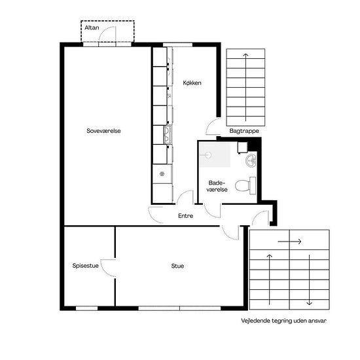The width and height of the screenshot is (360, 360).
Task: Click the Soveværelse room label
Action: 103,131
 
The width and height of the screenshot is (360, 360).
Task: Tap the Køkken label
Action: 192,82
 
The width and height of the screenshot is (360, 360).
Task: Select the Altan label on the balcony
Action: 92,27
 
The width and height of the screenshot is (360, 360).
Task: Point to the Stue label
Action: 177,266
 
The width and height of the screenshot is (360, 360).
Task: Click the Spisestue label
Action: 85,266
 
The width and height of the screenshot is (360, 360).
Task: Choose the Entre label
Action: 185,216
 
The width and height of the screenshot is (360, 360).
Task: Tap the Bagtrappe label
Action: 244,131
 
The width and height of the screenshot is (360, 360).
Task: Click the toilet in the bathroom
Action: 245,185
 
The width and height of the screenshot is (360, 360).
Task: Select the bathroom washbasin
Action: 251,160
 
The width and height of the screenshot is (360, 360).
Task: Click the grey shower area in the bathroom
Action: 215,154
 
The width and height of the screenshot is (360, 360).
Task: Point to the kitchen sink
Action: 168,135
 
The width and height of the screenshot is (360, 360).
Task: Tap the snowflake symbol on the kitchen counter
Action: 162,174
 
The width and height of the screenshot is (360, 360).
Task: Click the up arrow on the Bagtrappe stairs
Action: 245,87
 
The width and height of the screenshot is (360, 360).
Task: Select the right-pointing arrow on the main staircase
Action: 289,242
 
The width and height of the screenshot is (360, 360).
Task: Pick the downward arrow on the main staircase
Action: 309,280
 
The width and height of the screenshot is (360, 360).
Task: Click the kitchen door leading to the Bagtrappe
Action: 212,127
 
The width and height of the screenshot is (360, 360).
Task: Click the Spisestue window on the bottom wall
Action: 87,308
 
